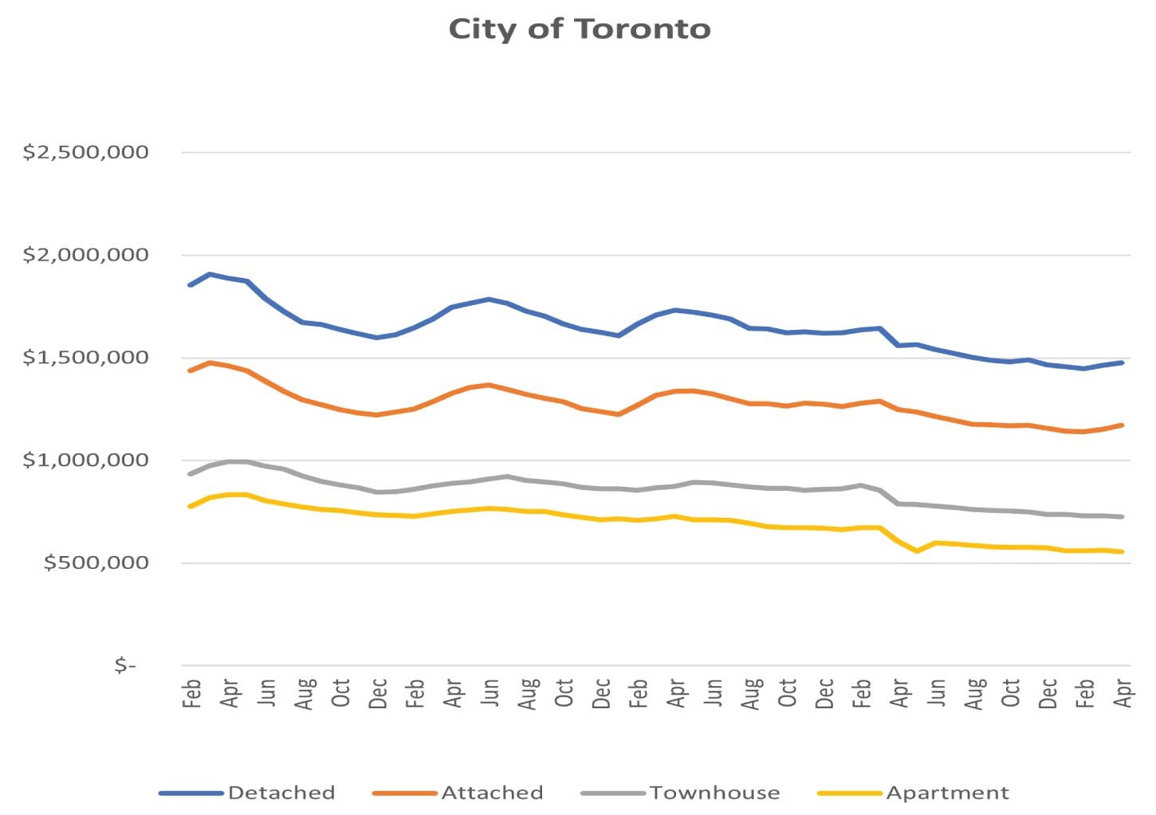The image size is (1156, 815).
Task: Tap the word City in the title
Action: coord(482,30)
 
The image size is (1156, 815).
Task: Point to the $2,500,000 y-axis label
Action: coord(85,152)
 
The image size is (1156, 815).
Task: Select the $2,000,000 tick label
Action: coord(85,255)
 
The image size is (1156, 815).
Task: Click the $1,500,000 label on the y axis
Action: coord(85,358)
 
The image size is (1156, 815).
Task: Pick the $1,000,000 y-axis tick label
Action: coord(85,460)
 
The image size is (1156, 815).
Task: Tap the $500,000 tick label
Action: coord(96,562)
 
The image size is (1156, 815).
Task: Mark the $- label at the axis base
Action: coord(125,665)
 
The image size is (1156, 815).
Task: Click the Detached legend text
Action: coord(281,793)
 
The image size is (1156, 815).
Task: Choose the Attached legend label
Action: coord(493,793)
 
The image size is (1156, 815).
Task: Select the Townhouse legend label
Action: coord(715,793)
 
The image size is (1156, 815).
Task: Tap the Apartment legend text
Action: coord(947,793)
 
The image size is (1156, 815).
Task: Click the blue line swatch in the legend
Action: coord(191,793)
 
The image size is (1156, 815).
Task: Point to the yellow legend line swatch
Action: coord(849,793)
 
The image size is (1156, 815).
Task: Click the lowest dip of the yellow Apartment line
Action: coord(917,551)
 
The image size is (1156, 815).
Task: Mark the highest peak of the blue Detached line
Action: coord(210,274)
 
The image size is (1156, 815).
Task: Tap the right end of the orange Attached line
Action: coord(1122,425)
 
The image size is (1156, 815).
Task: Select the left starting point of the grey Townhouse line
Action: coord(190,474)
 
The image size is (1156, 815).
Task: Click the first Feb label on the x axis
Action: coord(191,693)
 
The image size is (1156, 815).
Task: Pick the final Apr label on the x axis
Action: coord(1123,693)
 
